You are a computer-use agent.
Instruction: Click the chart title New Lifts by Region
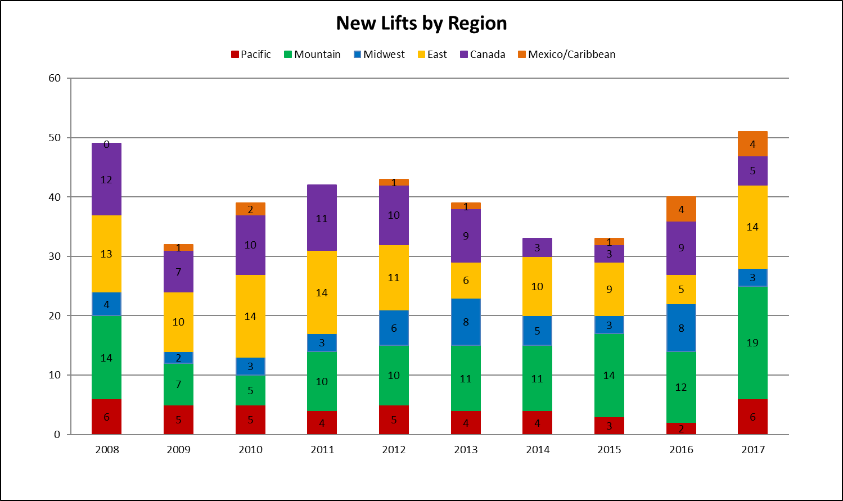421,24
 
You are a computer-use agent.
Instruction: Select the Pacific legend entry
251,55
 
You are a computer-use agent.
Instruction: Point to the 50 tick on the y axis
55,138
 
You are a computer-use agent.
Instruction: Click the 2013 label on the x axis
466,450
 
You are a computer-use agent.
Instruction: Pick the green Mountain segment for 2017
752,342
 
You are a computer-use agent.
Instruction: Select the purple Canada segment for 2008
107,179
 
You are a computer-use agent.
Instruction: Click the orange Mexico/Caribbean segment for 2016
681,209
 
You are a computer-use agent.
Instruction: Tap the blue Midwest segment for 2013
466,322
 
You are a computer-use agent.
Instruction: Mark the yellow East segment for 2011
322,292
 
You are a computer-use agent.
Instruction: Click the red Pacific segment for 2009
178,419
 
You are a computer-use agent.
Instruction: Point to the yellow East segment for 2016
681,290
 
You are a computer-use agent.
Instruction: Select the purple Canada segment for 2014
537,247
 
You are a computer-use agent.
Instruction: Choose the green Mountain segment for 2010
250,390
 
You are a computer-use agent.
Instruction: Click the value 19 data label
752,343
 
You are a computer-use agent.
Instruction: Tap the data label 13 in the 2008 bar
106,254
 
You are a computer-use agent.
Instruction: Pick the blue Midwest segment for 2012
394,328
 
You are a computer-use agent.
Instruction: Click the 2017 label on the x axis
753,450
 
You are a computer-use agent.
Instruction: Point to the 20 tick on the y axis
55,316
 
